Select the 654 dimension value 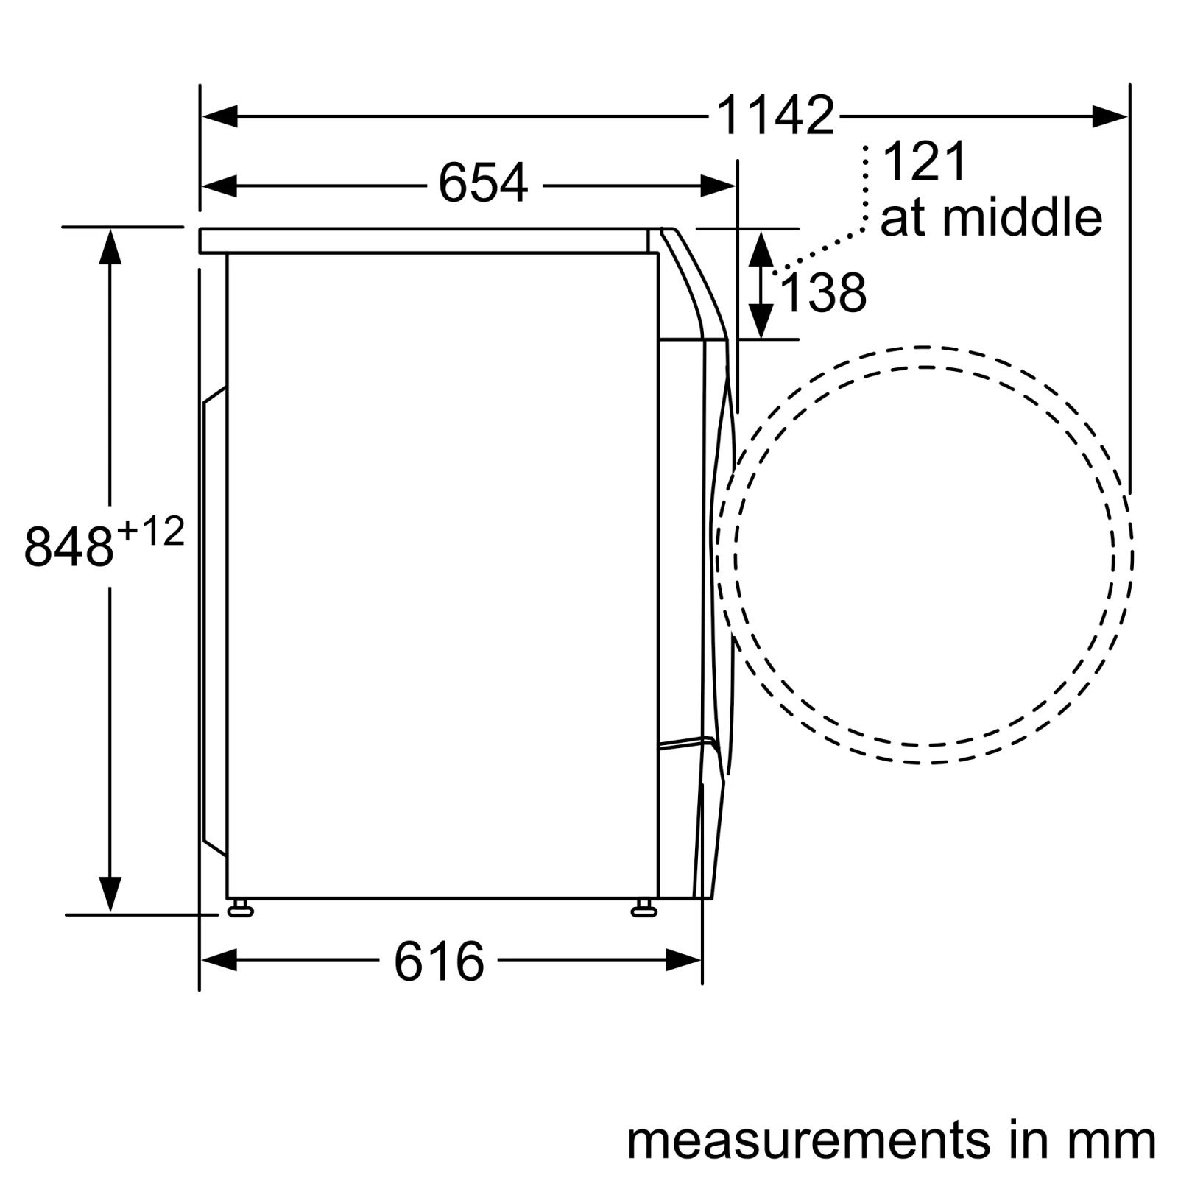pyautogui.click(x=483, y=183)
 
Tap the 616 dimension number pyautogui.click(x=439, y=961)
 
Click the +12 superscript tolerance pyautogui.click(x=150, y=532)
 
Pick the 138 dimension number pyautogui.click(x=822, y=294)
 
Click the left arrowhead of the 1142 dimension pyautogui.click(x=219, y=116)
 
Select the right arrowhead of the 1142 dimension pyautogui.click(x=1110, y=116)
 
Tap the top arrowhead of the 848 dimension pyautogui.click(x=110, y=247)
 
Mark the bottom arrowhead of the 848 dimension pyautogui.click(x=110, y=895)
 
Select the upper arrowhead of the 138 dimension pyautogui.click(x=761, y=248)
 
